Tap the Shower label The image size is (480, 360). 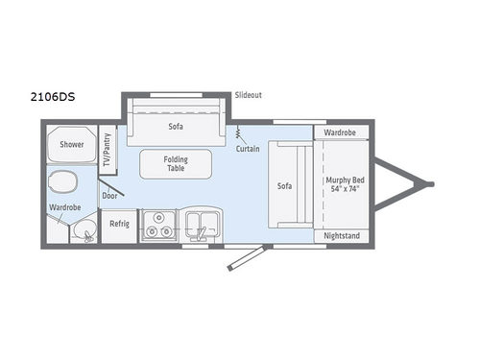71,145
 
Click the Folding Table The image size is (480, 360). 175,163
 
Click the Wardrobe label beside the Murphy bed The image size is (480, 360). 340,132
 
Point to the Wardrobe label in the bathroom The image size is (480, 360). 64,207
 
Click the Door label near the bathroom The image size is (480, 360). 109,195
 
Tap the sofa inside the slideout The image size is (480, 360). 176,124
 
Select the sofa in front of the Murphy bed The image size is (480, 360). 285,184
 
